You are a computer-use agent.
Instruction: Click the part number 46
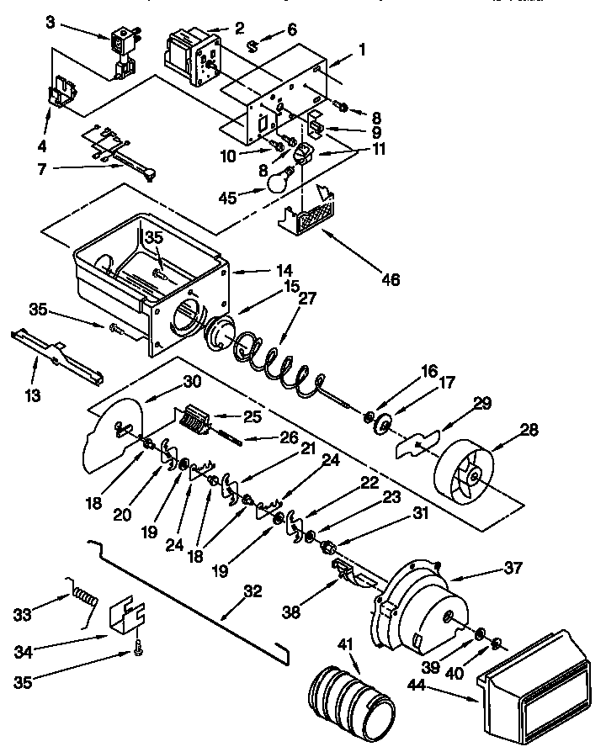[389, 278]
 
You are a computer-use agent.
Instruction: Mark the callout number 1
[363, 49]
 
